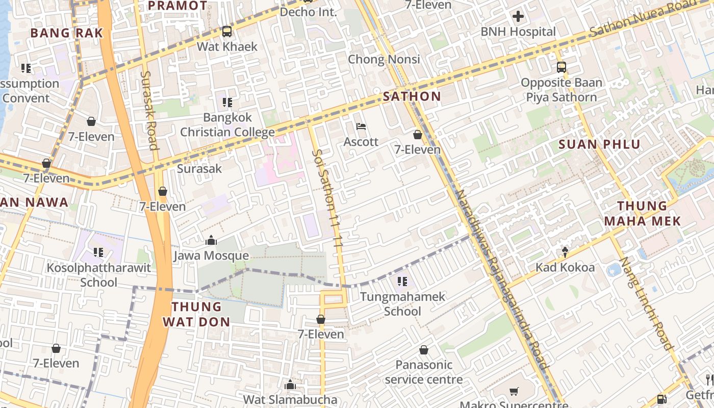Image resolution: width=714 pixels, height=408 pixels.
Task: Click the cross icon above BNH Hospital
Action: (518, 16)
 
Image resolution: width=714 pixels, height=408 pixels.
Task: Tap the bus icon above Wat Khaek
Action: (227, 32)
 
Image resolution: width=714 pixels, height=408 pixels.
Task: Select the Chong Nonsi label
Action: (384, 59)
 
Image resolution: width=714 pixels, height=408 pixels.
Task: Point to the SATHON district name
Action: (412, 96)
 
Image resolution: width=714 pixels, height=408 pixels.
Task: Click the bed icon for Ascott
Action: (361, 126)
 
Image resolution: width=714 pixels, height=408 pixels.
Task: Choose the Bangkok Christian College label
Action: (227, 125)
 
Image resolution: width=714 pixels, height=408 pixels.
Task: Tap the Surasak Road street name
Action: (148, 110)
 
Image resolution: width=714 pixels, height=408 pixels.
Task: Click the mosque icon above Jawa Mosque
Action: (211, 240)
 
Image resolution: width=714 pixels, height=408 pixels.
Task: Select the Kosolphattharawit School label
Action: (99, 275)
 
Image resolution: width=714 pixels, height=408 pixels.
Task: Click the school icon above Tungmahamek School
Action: (402, 282)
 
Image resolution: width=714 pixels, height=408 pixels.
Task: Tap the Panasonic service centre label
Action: (424, 372)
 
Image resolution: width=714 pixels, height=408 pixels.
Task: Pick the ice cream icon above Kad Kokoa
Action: (565, 252)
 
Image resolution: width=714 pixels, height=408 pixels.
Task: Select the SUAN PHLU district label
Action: (599, 144)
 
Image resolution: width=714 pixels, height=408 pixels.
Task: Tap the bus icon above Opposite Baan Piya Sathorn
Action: (562, 67)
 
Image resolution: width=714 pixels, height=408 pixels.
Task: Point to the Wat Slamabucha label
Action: (290, 399)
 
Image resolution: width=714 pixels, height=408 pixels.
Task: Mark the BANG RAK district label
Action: (66, 33)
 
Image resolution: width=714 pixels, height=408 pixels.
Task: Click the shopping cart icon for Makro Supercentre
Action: (514, 392)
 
